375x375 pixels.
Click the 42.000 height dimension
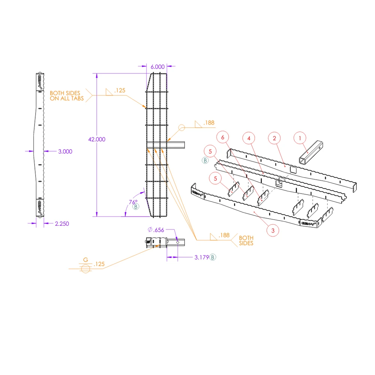(x=97, y=139)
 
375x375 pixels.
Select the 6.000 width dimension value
(x=157, y=66)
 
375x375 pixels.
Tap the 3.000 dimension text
(x=65, y=151)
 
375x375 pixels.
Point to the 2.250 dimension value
(x=62, y=223)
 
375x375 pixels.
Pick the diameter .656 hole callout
(x=156, y=230)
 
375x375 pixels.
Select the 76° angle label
(x=133, y=202)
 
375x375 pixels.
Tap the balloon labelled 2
(x=274, y=138)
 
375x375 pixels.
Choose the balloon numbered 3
(x=273, y=231)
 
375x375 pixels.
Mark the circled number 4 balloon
(x=249, y=138)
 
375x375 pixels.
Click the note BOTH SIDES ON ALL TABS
(x=67, y=96)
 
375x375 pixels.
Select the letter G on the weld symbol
(x=85, y=259)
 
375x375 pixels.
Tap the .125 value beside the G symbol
(x=99, y=264)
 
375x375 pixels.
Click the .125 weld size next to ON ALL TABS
(x=120, y=90)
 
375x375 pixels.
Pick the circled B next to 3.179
(x=213, y=257)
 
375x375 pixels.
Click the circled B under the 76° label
(x=135, y=207)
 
